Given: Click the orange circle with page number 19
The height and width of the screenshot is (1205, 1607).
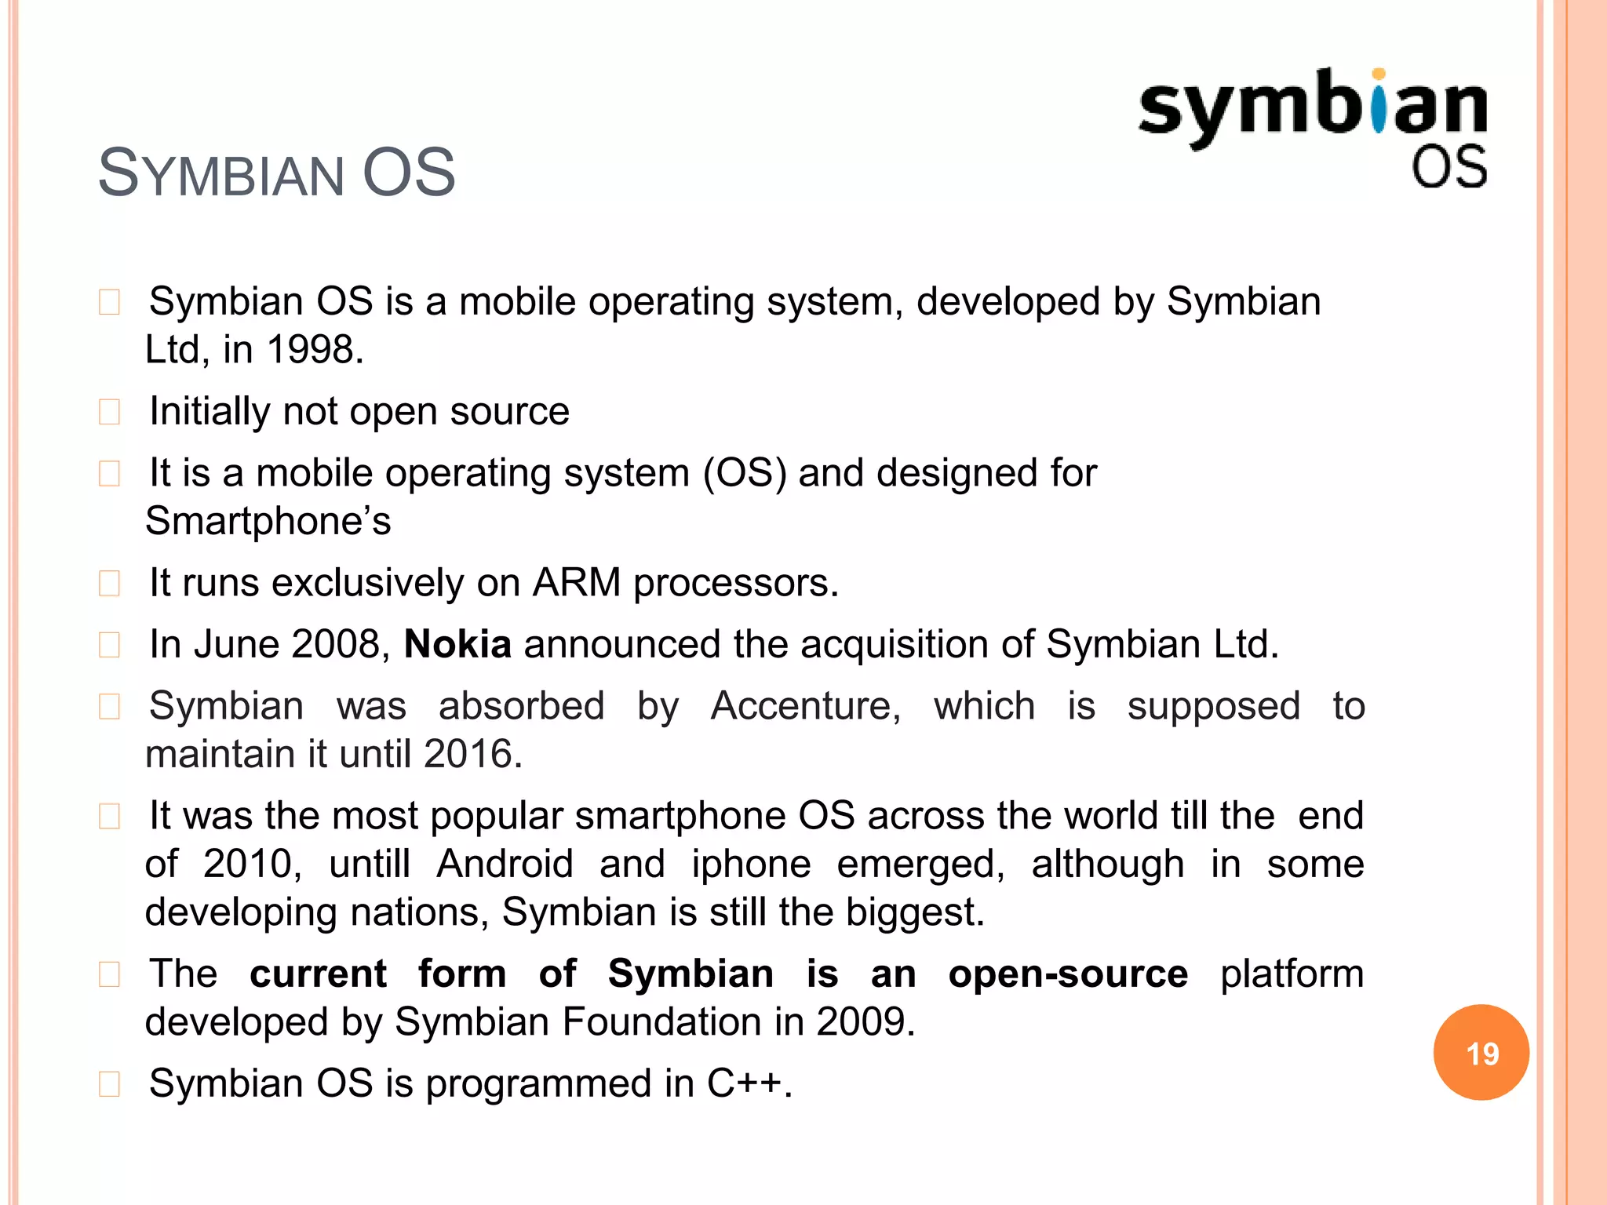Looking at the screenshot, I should (1481, 1052).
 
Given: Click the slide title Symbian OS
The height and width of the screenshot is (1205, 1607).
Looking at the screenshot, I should (276, 173).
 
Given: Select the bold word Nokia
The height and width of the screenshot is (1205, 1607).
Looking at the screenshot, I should (457, 644).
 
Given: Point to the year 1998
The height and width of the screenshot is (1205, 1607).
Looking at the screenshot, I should (313, 349).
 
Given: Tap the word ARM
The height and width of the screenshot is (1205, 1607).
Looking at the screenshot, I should (577, 583).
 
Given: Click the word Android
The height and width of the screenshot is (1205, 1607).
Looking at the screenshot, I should (505, 864).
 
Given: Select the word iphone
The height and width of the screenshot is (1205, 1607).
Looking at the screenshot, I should (751, 864).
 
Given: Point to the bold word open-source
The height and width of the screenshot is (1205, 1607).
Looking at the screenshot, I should (1068, 974).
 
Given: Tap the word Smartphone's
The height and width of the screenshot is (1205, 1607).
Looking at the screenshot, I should (268, 521).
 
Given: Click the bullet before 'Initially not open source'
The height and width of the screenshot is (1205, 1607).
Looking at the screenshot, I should (110, 412).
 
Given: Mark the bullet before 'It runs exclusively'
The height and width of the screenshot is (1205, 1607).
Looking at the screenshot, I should (110, 584).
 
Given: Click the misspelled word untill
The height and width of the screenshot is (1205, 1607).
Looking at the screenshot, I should (370, 864).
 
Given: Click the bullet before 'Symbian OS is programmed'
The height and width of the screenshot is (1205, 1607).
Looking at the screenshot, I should (110, 1084).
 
